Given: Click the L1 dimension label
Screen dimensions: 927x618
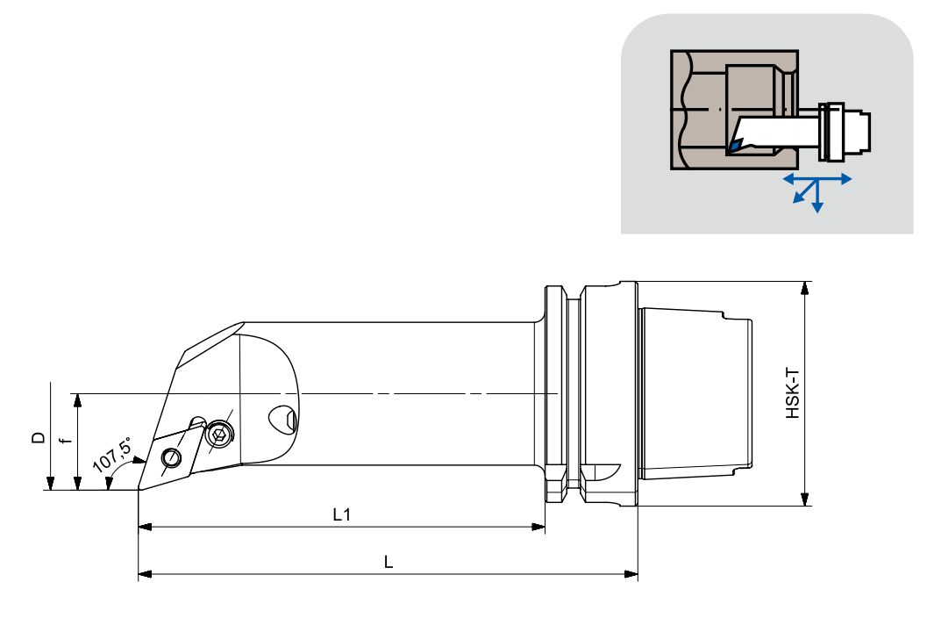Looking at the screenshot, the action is coord(342,515).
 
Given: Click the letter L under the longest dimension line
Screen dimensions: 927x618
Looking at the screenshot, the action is coord(389,563).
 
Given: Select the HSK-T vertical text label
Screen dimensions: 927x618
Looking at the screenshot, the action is coord(792,393).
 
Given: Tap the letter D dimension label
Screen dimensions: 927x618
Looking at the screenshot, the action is coord(38,436).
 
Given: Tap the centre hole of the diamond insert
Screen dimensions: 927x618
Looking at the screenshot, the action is coord(172,457).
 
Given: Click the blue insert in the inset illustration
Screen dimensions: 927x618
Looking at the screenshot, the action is coord(733,144).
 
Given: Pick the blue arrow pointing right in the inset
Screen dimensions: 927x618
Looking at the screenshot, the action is coord(845,178).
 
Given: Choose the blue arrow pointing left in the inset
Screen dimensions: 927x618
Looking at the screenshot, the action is coord(788,178).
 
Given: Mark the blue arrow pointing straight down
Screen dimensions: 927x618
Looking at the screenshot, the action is coord(817,206).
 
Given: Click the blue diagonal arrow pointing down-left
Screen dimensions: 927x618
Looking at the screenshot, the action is coord(799,198).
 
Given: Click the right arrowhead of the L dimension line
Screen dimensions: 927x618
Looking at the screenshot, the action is coord(631,574).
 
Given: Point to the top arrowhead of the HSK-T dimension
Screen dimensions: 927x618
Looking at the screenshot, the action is coord(804,288).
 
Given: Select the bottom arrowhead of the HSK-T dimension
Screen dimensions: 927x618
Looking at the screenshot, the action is coord(804,499).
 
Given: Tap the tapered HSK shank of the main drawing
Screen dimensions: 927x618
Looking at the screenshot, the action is coord(697,393).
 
